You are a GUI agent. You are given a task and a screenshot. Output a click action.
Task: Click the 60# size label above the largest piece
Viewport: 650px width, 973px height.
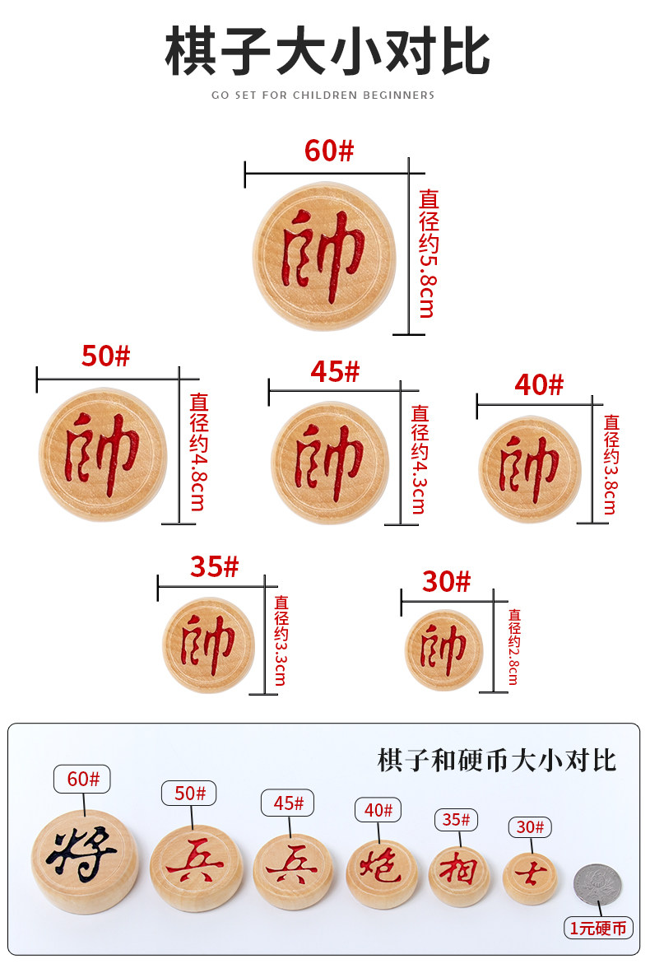pyautogui.click(x=328, y=151)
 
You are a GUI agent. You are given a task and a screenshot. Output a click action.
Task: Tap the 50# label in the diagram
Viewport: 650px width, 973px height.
pyautogui.click(x=105, y=356)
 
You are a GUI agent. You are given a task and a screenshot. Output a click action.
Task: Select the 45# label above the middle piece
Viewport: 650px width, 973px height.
pyautogui.click(x=335, y=372)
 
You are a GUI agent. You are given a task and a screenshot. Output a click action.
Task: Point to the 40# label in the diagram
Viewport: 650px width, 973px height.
pyautogui.click(x=539, y=384)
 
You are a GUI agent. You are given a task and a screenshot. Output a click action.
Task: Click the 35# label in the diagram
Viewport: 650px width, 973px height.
pyautogui.click(x=214, y=567)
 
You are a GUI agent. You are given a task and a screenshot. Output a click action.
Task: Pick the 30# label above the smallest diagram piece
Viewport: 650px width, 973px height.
pyautogui.click(x=447, y=581)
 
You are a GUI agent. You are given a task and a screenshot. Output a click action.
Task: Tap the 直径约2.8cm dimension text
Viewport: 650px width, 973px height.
pyautogui.click(x=514, y=647)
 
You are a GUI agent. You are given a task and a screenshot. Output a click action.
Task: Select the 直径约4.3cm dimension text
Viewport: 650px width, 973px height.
pyautogui.click(x=420, y=459)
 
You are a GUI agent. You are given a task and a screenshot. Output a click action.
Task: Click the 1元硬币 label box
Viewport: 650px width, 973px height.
pyautogui.click(x=599, y=928)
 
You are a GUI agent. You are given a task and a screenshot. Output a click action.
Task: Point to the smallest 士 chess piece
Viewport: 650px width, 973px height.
pyautogui.click(x=530, y=878)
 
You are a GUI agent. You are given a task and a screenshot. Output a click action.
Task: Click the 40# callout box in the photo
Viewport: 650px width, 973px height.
pyautogui.click(x=378, y=809)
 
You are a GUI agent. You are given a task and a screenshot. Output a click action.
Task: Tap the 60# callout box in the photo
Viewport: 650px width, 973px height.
pyautogui.click(x=81, y=779)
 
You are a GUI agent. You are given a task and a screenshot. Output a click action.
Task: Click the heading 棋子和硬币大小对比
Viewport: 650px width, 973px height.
pyautogui.click(x=496, y=760)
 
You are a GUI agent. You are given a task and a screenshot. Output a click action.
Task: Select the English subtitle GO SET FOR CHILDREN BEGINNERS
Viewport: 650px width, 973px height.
pyautogui.click(x=323, y=95)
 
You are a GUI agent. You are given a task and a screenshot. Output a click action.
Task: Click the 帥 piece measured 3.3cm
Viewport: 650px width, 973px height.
pyautogui.click(x=208, y=645)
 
